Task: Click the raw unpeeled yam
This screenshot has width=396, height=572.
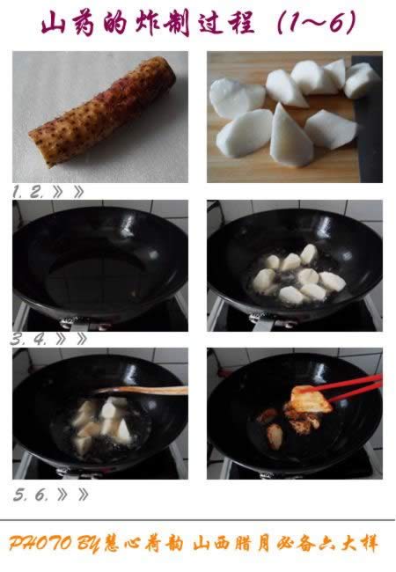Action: coord(101,112)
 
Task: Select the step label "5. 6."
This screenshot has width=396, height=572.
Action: coord(31,494)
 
